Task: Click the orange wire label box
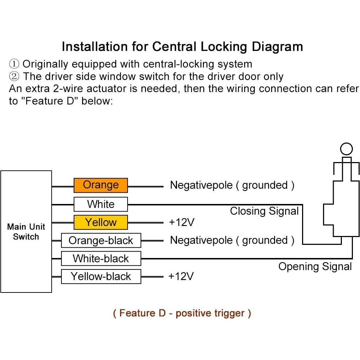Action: click(x=101, y=185)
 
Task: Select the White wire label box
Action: click(x=101, y=204)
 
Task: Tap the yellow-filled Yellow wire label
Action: click(x=101, y=222)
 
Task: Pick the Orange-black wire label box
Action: click(x=101, y=241)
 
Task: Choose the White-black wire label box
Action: click(x=101, y=258)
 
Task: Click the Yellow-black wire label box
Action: click(x=101, y=276)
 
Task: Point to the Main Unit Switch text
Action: click(x=26, y=232)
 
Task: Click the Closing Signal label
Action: click(x=264, y=211)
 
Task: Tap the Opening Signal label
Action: click(x=315, y=267)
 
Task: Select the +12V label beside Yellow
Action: click(x=182, y=222)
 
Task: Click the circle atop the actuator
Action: click(x=346, y=149)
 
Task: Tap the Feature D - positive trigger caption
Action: click(x=182, y=313)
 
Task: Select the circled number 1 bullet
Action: click(x=14, y=64)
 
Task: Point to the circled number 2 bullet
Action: click(x=14, y=77)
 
